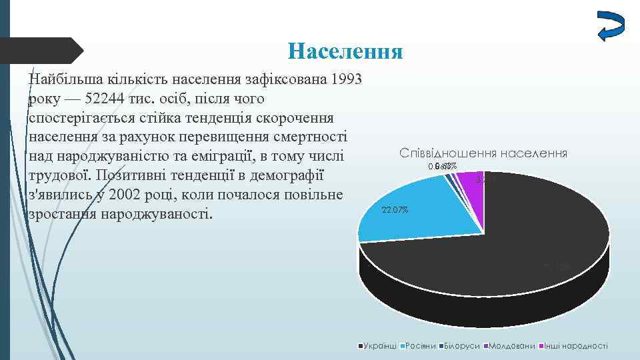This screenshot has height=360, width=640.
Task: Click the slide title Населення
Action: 346,51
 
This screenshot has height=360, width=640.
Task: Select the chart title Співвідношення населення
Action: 483,153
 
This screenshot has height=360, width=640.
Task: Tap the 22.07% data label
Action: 395,211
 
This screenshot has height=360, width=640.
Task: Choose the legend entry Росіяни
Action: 420,346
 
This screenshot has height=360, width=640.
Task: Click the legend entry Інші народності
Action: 577,346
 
